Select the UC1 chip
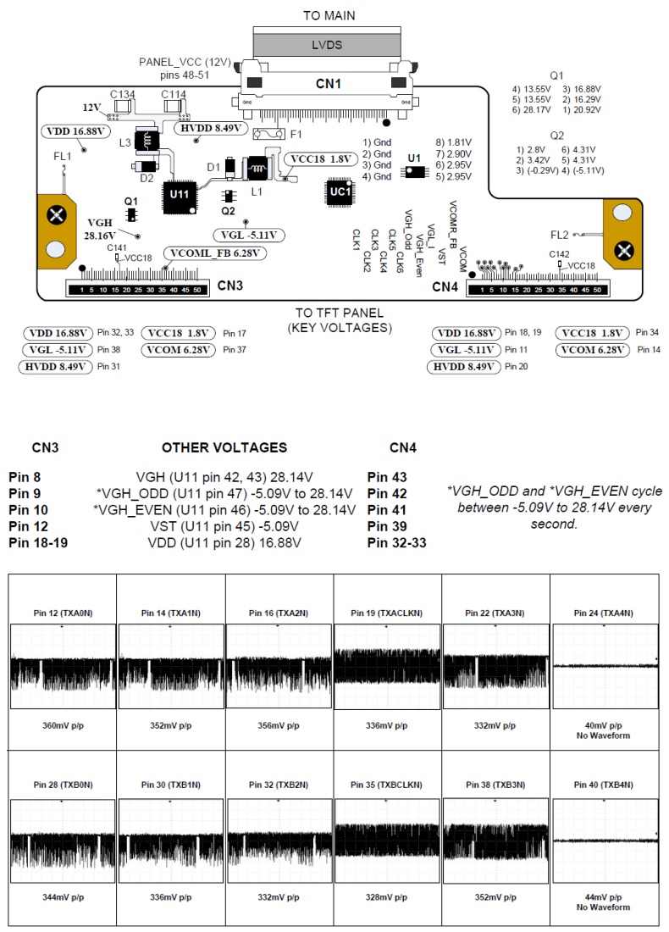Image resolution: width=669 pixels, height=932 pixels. (340, 193)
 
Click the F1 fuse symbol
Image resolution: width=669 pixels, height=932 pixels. (272, 133)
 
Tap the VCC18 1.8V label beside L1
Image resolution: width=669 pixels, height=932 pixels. (319, 158)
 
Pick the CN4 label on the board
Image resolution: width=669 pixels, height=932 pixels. (445, 286)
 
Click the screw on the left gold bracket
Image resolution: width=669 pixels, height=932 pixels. (57, 214)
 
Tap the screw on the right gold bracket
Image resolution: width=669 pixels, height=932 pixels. (624, 249)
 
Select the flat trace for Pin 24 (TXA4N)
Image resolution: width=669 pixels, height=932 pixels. (605, 666)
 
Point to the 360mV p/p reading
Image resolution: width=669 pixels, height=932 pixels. (62, 725)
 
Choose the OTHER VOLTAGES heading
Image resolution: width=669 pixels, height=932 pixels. (224, 447)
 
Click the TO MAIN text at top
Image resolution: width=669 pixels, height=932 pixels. (329, 15)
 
